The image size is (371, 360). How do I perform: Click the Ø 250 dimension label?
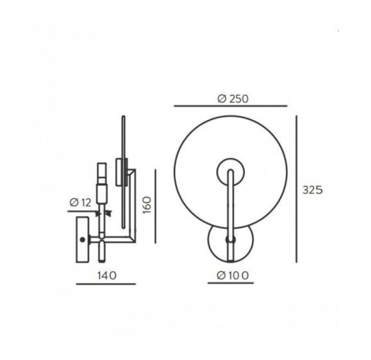pyautogui.click(x=233, y=99)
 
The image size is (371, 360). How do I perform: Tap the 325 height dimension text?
pyautogui.click(x=312, y=190)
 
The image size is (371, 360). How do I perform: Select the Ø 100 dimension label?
pyautogui.click(x=233, y=276)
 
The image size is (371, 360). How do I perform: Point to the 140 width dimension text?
pyautogui.click(x=107, y=276)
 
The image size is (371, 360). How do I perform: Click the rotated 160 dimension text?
pyautogui.click(x=147, y=205)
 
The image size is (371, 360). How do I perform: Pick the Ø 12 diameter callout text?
pyautogui.click(x=80, y=203)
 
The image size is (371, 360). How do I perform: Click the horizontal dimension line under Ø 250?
pyautogui.click(x=231, y=106)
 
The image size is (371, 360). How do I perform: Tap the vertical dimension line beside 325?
pyautogui.click(x=296, y=189)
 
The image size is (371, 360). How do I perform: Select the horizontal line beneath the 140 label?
pyautogui.click(x=105, y=284)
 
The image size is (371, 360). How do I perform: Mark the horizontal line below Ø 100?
pyautogui.click(x=231, y=283)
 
